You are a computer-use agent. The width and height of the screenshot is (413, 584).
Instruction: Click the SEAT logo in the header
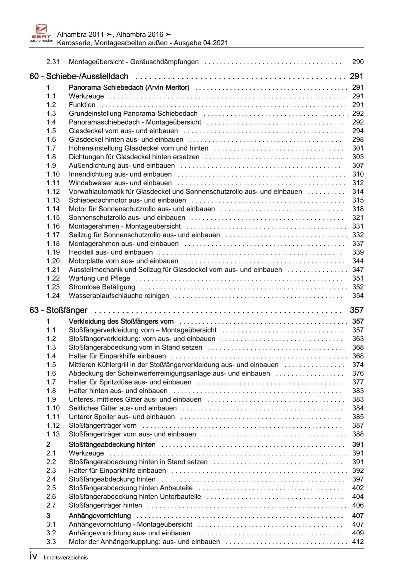[41, 33]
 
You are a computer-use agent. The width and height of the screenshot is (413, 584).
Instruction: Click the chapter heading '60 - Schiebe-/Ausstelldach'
[79, 76]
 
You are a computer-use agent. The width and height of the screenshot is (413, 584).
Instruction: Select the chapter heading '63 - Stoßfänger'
[58, 310]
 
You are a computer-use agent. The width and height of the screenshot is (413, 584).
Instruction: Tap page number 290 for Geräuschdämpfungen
[358, 62]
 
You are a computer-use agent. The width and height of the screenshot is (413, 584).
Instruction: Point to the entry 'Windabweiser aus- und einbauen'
[120, 183]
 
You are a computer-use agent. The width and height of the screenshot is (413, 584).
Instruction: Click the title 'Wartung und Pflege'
[99, 278]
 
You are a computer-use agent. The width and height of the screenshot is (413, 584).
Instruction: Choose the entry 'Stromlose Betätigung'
[102, 287]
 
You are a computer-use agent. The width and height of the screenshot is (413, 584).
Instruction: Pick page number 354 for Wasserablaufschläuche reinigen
[358, 295]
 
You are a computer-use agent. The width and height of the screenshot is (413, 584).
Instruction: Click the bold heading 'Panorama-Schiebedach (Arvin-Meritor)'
[129, 88]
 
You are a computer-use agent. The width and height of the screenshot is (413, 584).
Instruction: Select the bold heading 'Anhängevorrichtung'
[100, 516]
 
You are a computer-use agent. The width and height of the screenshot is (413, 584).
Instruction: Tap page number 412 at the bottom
[358, 542]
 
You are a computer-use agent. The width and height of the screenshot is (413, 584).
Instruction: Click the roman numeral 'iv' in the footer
[33, 557]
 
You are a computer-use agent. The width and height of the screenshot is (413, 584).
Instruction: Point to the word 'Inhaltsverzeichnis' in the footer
[66, 558]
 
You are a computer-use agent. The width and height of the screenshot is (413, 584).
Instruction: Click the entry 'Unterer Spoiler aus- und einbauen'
[122, 417]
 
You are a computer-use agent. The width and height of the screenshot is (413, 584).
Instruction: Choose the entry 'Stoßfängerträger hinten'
[105, 505]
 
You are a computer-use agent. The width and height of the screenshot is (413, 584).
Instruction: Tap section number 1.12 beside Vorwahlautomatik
[53, 192]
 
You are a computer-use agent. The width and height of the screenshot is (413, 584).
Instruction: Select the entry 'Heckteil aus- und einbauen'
[111, 252]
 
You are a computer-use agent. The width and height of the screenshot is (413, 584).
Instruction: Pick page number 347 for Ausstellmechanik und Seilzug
[358, 270]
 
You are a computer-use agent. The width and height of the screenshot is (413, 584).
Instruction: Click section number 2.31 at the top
[53, 62]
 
